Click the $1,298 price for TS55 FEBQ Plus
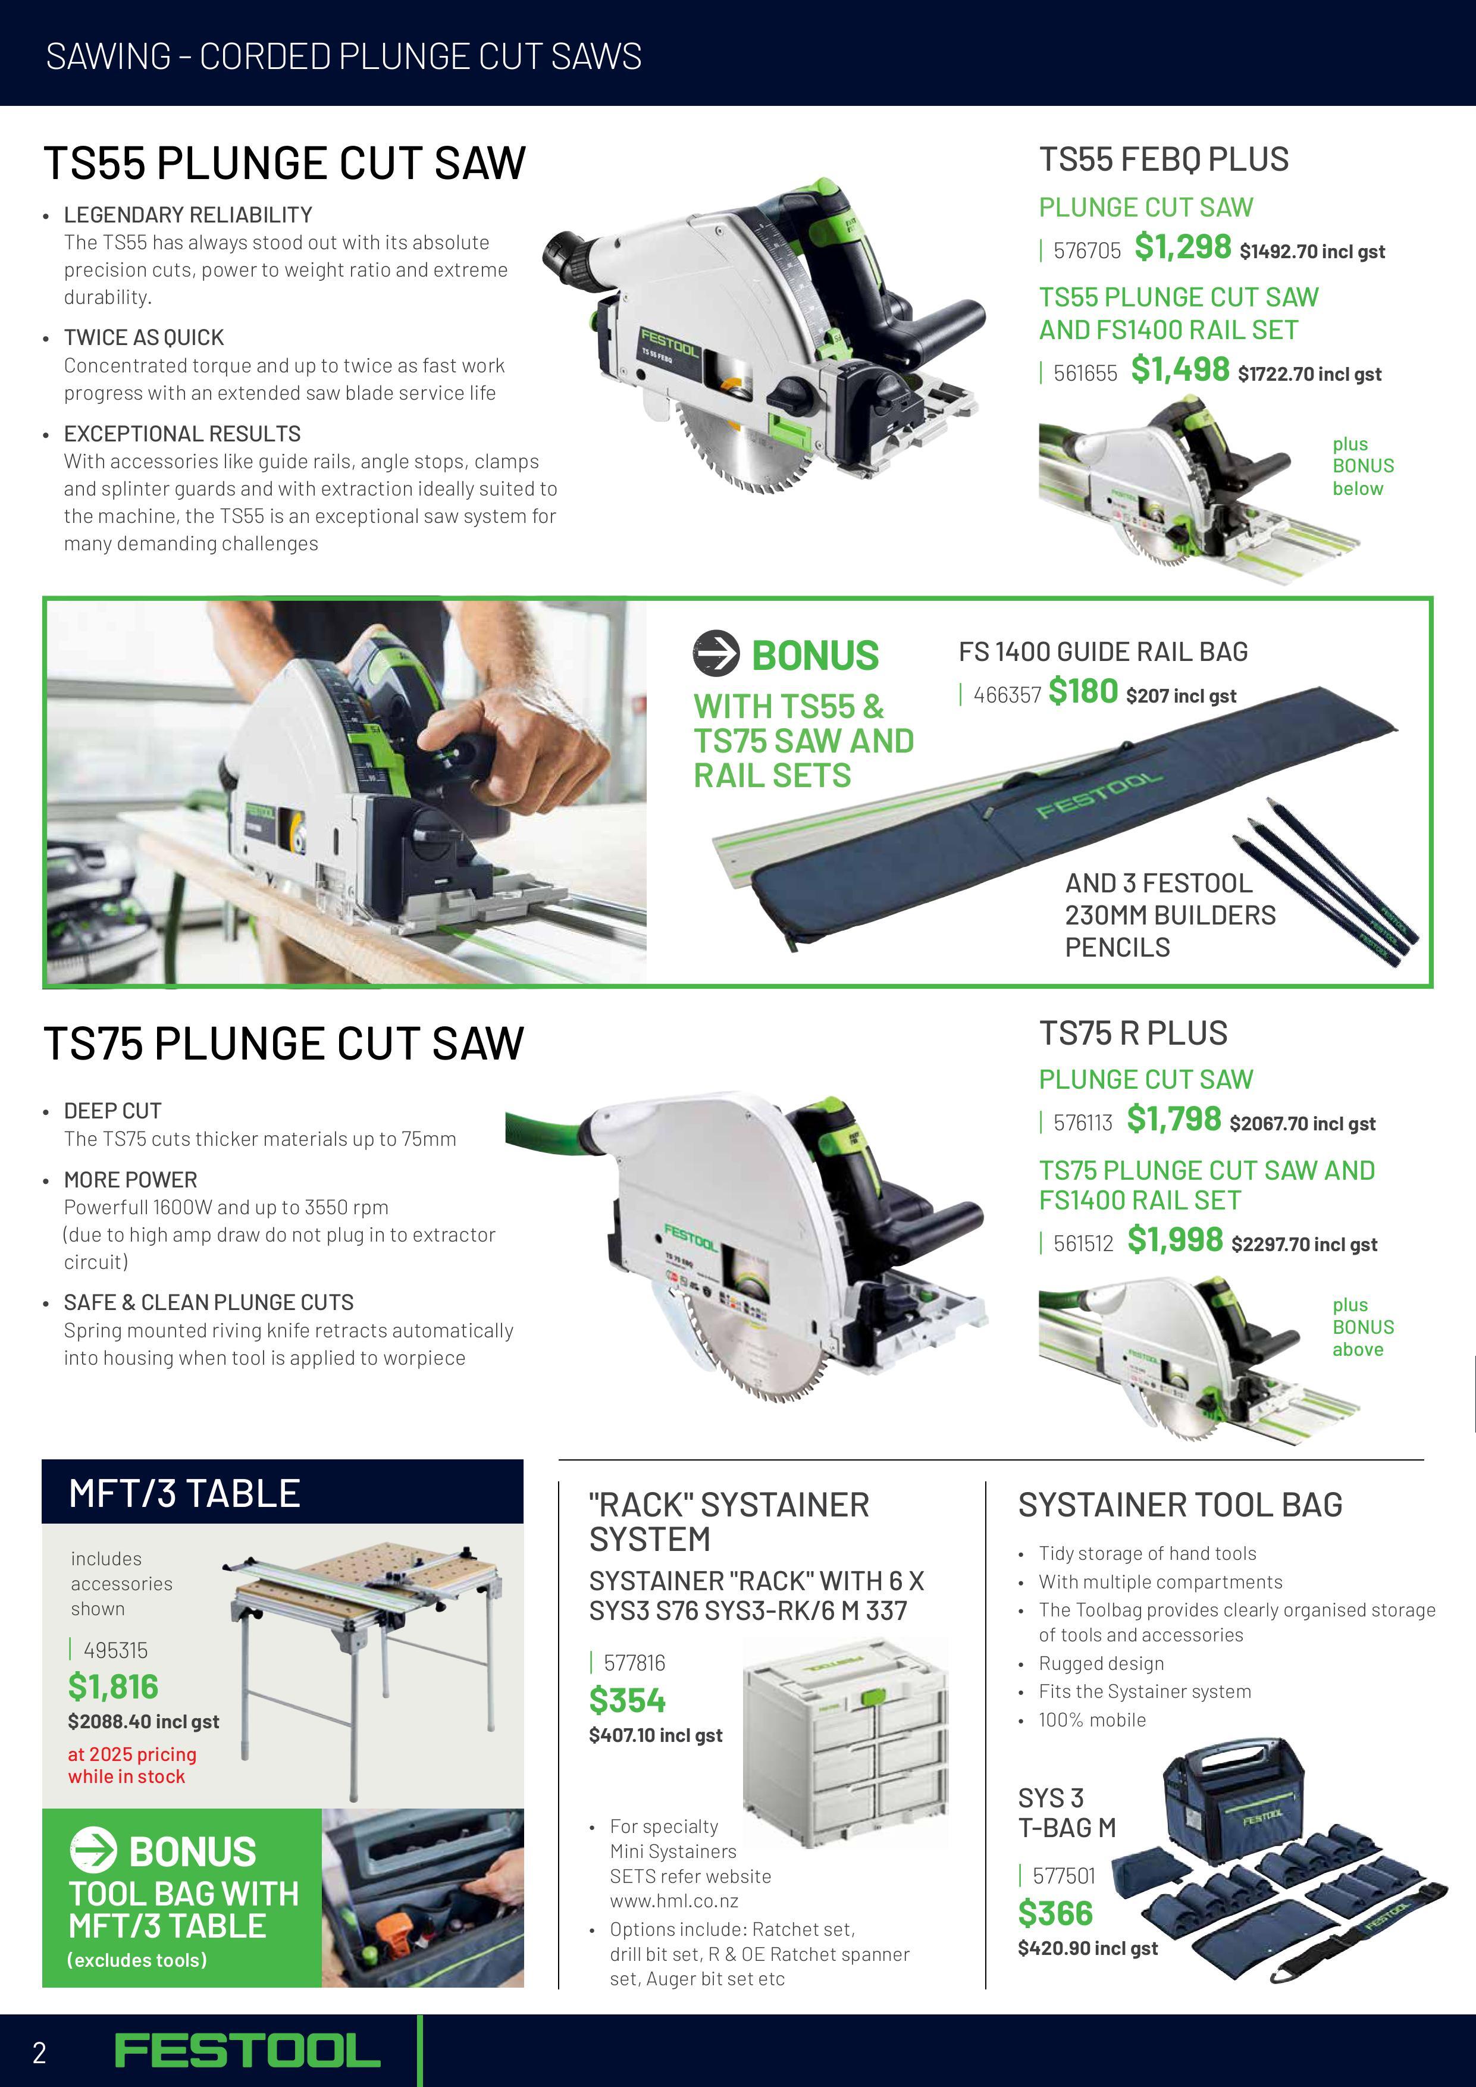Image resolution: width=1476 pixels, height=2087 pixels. (1183, 247)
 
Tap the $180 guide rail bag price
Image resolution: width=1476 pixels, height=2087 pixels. (1083, 692)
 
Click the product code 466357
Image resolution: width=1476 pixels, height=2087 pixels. (1007, 695)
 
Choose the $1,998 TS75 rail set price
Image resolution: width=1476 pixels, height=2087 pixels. (1175, 1240)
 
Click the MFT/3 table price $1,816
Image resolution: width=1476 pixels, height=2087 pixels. (112, 1687)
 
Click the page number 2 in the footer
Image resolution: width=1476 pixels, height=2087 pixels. (39, 2052)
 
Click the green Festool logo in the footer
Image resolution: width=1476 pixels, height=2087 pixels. (247, 2051)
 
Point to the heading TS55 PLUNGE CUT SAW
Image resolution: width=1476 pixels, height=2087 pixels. (284, 164)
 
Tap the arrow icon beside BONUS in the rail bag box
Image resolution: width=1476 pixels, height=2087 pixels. (716, 654)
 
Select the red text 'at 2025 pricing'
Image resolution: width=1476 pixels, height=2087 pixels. (132, 1754)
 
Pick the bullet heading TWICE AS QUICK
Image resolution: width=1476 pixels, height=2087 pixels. (143, 338)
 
